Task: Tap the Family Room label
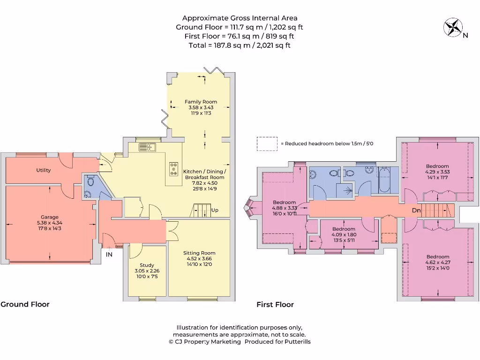point(201,102)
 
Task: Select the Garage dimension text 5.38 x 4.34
point(49,223)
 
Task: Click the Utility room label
point(43,170)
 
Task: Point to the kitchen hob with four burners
point(174,169)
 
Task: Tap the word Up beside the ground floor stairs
point(215,210)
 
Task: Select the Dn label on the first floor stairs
point(416,210)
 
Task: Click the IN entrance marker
point(109,255)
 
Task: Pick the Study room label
point(147,265)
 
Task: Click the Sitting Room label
point(199,253)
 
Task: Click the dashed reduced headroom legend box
point(267,143)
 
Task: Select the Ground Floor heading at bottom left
point(25,304)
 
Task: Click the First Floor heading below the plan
point(275,305)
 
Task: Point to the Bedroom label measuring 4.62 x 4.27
point(437,257)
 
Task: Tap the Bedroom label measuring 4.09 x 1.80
point(344,229)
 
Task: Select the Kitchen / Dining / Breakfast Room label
point(204,174)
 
